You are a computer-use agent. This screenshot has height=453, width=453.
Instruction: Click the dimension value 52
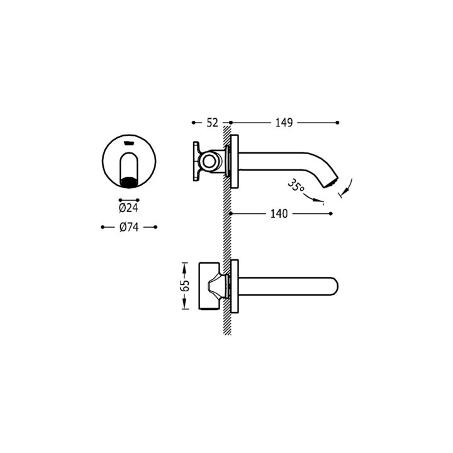(x=212, y=123)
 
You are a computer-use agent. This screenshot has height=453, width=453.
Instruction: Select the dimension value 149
(x=284, y=123)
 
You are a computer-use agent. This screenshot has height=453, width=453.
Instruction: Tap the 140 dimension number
(x=279, y=214)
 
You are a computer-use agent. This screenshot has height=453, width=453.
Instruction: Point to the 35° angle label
(x=296, y=186)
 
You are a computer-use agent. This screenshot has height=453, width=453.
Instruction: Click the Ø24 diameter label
(x=128, y=208)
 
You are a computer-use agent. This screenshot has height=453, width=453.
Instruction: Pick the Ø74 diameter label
(x=129, y=227)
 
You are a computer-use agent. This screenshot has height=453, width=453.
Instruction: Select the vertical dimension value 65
(x=184, y=286)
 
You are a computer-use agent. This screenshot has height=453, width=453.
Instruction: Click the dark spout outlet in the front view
(x=129, y=183)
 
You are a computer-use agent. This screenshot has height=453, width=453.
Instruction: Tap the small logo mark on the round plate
(x=128, y=143)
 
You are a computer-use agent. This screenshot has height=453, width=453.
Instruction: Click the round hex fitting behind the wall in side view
(x=209, y=161)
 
